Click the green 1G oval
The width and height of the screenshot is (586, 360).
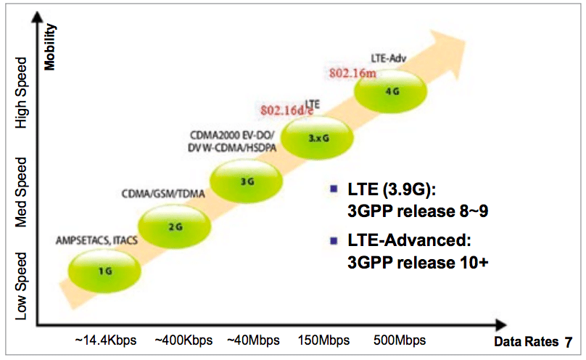tap(104, 271)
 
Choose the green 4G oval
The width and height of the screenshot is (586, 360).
tap(389, 92)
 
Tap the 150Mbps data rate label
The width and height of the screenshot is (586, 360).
tap(320, 340)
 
